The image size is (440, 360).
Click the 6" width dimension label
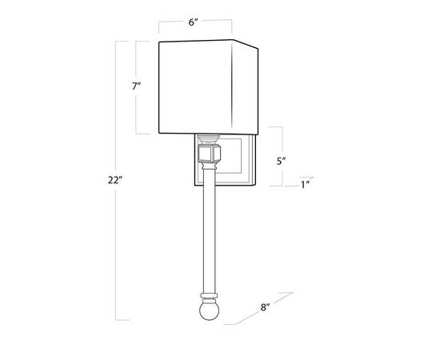tap(194, 22)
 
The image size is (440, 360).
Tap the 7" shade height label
tap(136, 86)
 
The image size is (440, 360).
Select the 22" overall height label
tap(115, 180)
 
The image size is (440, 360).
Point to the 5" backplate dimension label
tap(281, 161)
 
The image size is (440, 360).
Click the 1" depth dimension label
tap(305, 185)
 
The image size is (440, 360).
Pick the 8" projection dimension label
tap(265, 307)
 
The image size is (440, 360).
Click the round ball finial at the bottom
tap(209, 310)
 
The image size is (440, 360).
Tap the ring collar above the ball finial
tap(209, 296)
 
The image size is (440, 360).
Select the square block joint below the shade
tap(210, 154)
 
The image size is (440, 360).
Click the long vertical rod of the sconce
tap(209, 230)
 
